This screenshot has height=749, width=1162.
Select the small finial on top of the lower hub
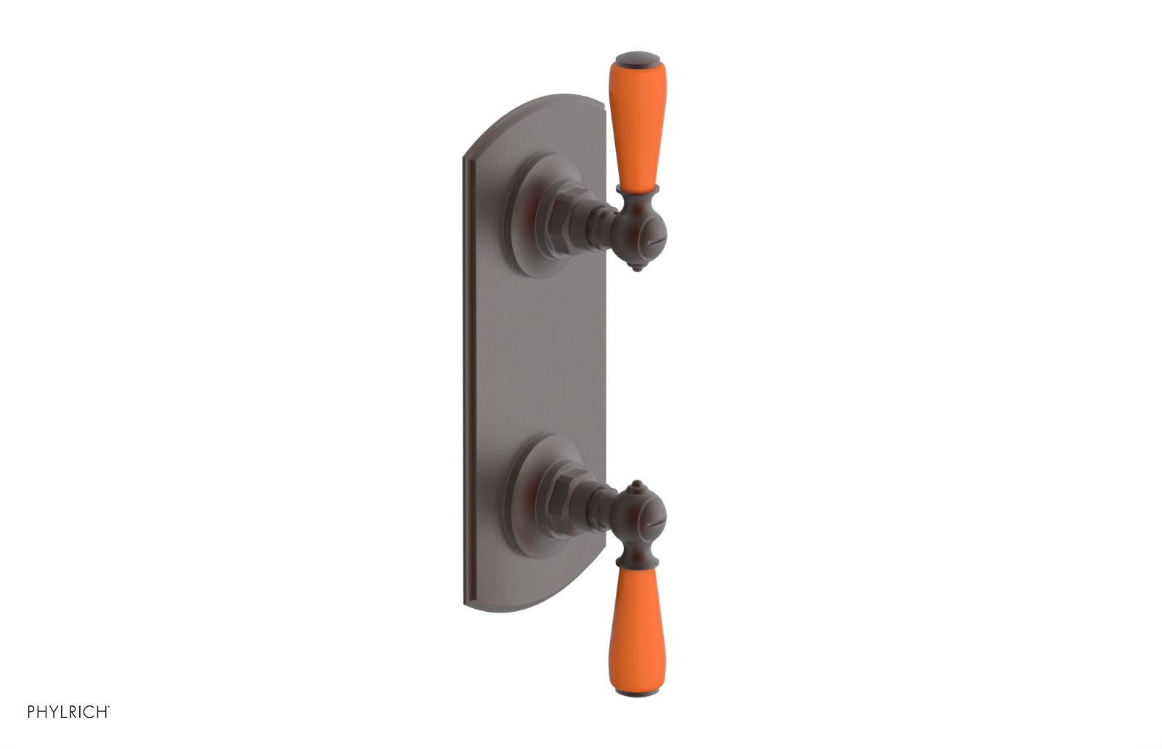click(x=637, y=484)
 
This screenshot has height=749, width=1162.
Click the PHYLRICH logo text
click(x=68, y=712)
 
